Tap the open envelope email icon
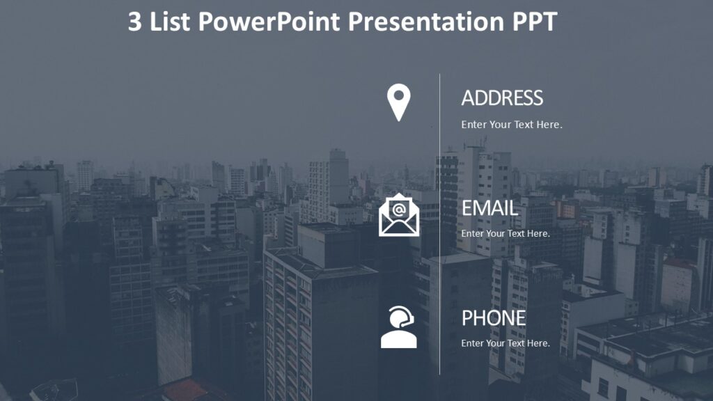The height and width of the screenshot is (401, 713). point(399,215)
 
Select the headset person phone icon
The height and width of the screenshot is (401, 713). point(399,328)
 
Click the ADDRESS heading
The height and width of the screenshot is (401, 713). point(502,98)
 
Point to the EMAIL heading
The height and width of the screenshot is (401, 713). point(489,207)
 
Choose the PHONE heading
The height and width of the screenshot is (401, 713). point(494,318)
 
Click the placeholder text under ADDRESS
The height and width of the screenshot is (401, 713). point(511,125)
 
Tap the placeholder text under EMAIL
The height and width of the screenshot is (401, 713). point(506,233)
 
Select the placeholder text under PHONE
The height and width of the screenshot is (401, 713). point(506,343)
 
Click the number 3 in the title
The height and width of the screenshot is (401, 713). point(134,22)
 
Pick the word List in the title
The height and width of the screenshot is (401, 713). point(171,22)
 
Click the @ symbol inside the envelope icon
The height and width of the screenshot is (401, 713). point(399,209)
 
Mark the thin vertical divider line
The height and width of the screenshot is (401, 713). point(439,223)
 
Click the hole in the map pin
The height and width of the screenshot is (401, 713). point(399,96)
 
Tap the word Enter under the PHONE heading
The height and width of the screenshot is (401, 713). point(473,343)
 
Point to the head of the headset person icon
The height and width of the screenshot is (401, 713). point(398,318)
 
